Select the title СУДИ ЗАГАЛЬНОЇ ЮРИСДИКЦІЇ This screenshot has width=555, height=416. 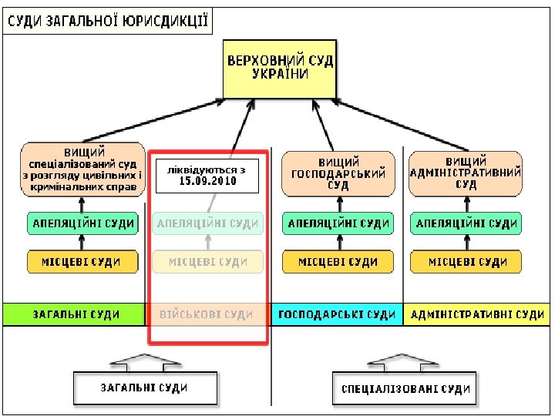click(x=109, y=21)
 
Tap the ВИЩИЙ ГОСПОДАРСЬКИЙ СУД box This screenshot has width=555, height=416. click(x=338, y=173)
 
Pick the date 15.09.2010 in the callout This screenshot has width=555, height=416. click(x=207, y=183)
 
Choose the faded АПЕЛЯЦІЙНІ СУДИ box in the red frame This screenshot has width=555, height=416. click(x=207, y=224)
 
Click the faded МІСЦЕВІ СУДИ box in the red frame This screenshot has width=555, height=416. click(x=207, y=262)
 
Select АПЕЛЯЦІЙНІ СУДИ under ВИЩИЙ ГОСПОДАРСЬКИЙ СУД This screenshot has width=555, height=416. click(x=338, y=224)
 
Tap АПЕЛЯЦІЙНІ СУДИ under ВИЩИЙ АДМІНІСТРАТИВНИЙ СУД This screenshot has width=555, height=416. click(x=466, y=224)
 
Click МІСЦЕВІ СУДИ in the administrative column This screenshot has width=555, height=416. click(x=466, y=262)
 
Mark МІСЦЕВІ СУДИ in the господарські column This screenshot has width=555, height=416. click(x=338, y=262)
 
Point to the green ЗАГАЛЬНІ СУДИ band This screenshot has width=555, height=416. click(x=74, y=314)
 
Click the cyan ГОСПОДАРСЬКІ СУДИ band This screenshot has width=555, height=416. click(x=336, y=314)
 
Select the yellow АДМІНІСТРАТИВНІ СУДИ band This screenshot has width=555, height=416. click(x=476, y=314)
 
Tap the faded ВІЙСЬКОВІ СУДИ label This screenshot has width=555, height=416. click(x=206, y=314)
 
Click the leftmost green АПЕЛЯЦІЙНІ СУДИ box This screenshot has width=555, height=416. click(x=82, y=224)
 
